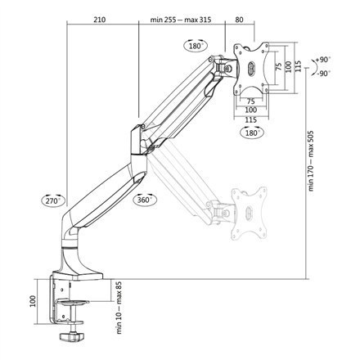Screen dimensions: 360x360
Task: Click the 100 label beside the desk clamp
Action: [x=33, y=301]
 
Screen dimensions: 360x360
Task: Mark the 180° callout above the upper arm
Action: [x=196, y=47]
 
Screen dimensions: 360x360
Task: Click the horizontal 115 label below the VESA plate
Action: [x=252, y=117]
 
